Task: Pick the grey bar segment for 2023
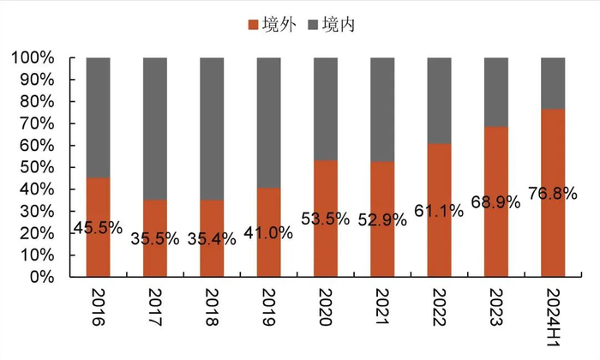pyautogui.click(x=496, y=92)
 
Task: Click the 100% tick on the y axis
pyautogui.click(x=33, y=58)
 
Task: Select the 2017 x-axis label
pyautogui.click(x=154, y=309)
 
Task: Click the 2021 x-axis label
pyautogui.click(x=382, y=309)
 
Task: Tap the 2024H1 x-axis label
pyautogui.click(x=554, y=318)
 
